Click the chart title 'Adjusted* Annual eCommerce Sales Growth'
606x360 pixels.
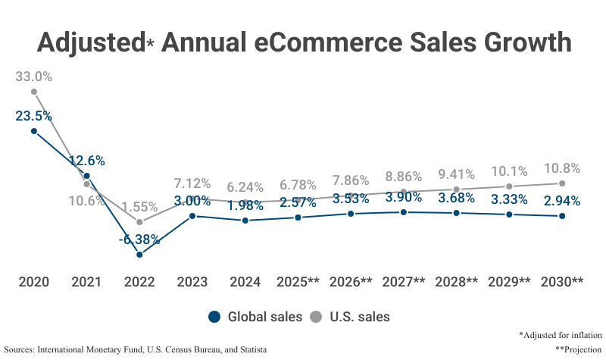click(x=303, y=42)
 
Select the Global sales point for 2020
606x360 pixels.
click(x=34, y=130)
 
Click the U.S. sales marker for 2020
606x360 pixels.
click(x=34, y=92)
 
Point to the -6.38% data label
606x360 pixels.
click(x=139, y=239)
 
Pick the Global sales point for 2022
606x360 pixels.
click(x=139, y=255)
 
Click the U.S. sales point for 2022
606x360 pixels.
click(x=139, y=221)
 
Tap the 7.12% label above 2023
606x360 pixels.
click(x=192, y=183)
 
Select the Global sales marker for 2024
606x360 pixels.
click(x=245, y=221)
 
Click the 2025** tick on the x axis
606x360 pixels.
click(x=298, y=282)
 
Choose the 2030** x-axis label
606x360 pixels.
click(x=561, y=282)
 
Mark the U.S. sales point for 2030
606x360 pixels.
click(x=562, y=183)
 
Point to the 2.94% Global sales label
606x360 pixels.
click(x=562, y=201)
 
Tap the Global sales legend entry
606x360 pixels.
click(x=255, y=317)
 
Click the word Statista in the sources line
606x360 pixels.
click(x=250, y=349)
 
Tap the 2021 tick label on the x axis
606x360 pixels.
click(x=86, y=282)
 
